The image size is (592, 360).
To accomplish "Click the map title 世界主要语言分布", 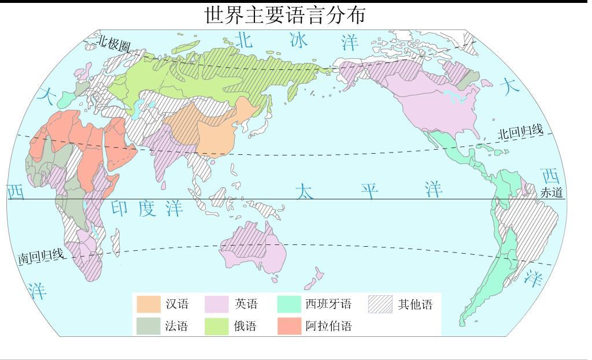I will [285, 15].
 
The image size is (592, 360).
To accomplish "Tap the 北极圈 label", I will [113, 43].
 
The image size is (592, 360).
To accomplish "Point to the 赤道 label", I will [552, 193].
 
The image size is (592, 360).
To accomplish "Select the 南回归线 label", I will [40, 255].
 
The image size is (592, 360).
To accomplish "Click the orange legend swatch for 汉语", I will [148, 304].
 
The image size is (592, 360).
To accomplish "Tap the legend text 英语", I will [246, 304].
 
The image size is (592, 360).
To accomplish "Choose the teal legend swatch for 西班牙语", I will [289, 304].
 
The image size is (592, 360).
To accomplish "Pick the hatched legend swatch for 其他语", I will [380, 304].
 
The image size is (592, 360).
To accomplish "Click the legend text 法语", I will [176, 326].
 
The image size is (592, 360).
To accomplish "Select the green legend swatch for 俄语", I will [217, 326].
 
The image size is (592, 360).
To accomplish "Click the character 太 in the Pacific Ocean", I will [305, 192].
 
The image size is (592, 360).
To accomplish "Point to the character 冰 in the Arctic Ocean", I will [299, 40].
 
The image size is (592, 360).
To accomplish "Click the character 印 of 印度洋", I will [119, 208].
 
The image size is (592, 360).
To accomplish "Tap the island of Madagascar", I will [116, 243].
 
